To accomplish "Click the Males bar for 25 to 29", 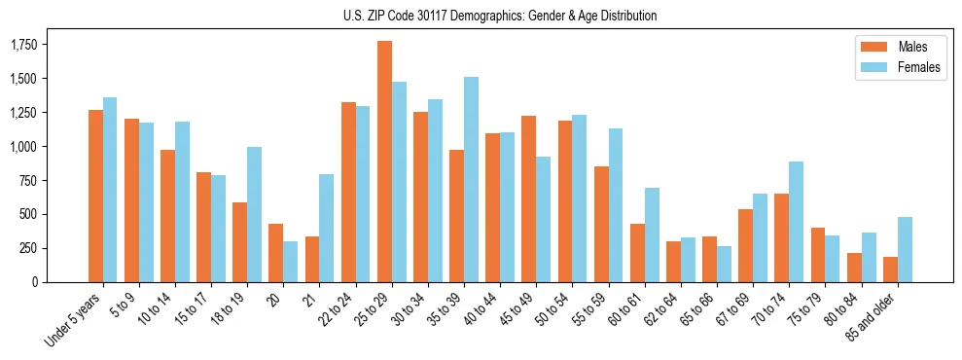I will point(384,162).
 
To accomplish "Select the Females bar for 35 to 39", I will point(471,180).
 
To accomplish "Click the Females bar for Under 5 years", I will point(110,190).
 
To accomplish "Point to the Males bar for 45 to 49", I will point(528,199).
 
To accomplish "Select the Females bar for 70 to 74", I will point(796,222).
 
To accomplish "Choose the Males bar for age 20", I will point(276,253).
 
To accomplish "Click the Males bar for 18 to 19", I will point(240,242).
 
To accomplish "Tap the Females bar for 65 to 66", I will point(724,265).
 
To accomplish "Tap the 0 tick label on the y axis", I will point(35,282).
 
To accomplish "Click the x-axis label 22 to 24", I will point(336,311).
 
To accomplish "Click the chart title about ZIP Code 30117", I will point(500,16).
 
